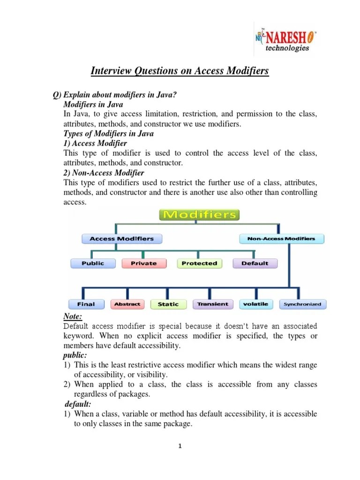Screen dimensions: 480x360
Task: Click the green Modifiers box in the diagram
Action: coord(200,215)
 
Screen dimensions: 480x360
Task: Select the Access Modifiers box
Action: coord(121,239)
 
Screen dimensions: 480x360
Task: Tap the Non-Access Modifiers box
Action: coord(281,239)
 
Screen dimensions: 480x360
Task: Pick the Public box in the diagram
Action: coord(93,263)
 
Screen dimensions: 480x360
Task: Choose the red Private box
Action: coord(143,263)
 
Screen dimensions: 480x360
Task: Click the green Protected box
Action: coord(199,263)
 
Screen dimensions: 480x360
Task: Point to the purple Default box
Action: coord(255,263)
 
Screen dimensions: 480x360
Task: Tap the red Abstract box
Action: coord(127,304)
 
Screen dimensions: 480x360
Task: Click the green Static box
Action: coord(168,304)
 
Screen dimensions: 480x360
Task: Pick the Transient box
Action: coord(212,304)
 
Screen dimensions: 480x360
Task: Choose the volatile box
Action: coord(255,304)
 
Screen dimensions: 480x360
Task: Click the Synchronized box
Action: coord(302,304)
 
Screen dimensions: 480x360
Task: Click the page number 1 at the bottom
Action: coord(180,446)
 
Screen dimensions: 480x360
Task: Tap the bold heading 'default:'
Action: coord(78,404)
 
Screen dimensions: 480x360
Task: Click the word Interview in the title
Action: coord(111,71)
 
